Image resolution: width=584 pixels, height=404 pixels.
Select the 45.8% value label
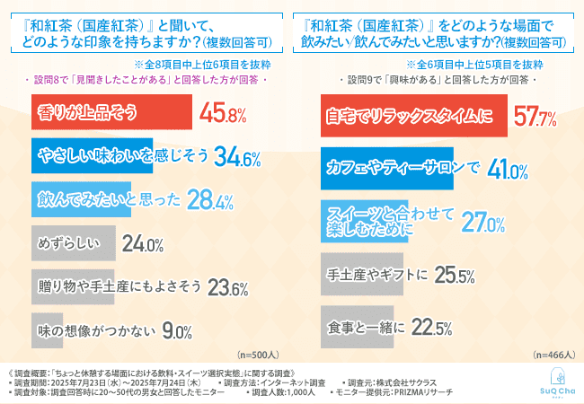pyautogui.click(x=223, y=115)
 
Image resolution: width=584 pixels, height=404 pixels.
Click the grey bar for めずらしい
pyautogui.click(x=73, y=242)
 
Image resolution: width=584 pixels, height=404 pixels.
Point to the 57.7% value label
pyautogui.click(x=534, y=115)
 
